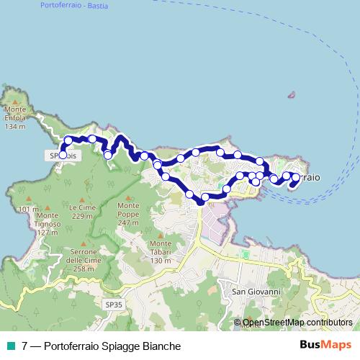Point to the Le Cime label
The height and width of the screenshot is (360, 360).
coord(83,207)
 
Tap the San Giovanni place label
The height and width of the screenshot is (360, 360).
coord(251,292)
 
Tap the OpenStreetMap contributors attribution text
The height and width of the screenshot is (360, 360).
coord(297,323)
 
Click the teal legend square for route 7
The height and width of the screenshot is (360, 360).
coord(9,346)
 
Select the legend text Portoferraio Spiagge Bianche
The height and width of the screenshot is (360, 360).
coord(102,346)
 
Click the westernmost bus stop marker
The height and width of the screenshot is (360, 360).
coord(63,154)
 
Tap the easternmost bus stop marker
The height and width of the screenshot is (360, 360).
coord(295,176)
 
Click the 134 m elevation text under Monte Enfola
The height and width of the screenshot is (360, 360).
coord(14,127)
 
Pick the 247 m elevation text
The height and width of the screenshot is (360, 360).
coord(128,223)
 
